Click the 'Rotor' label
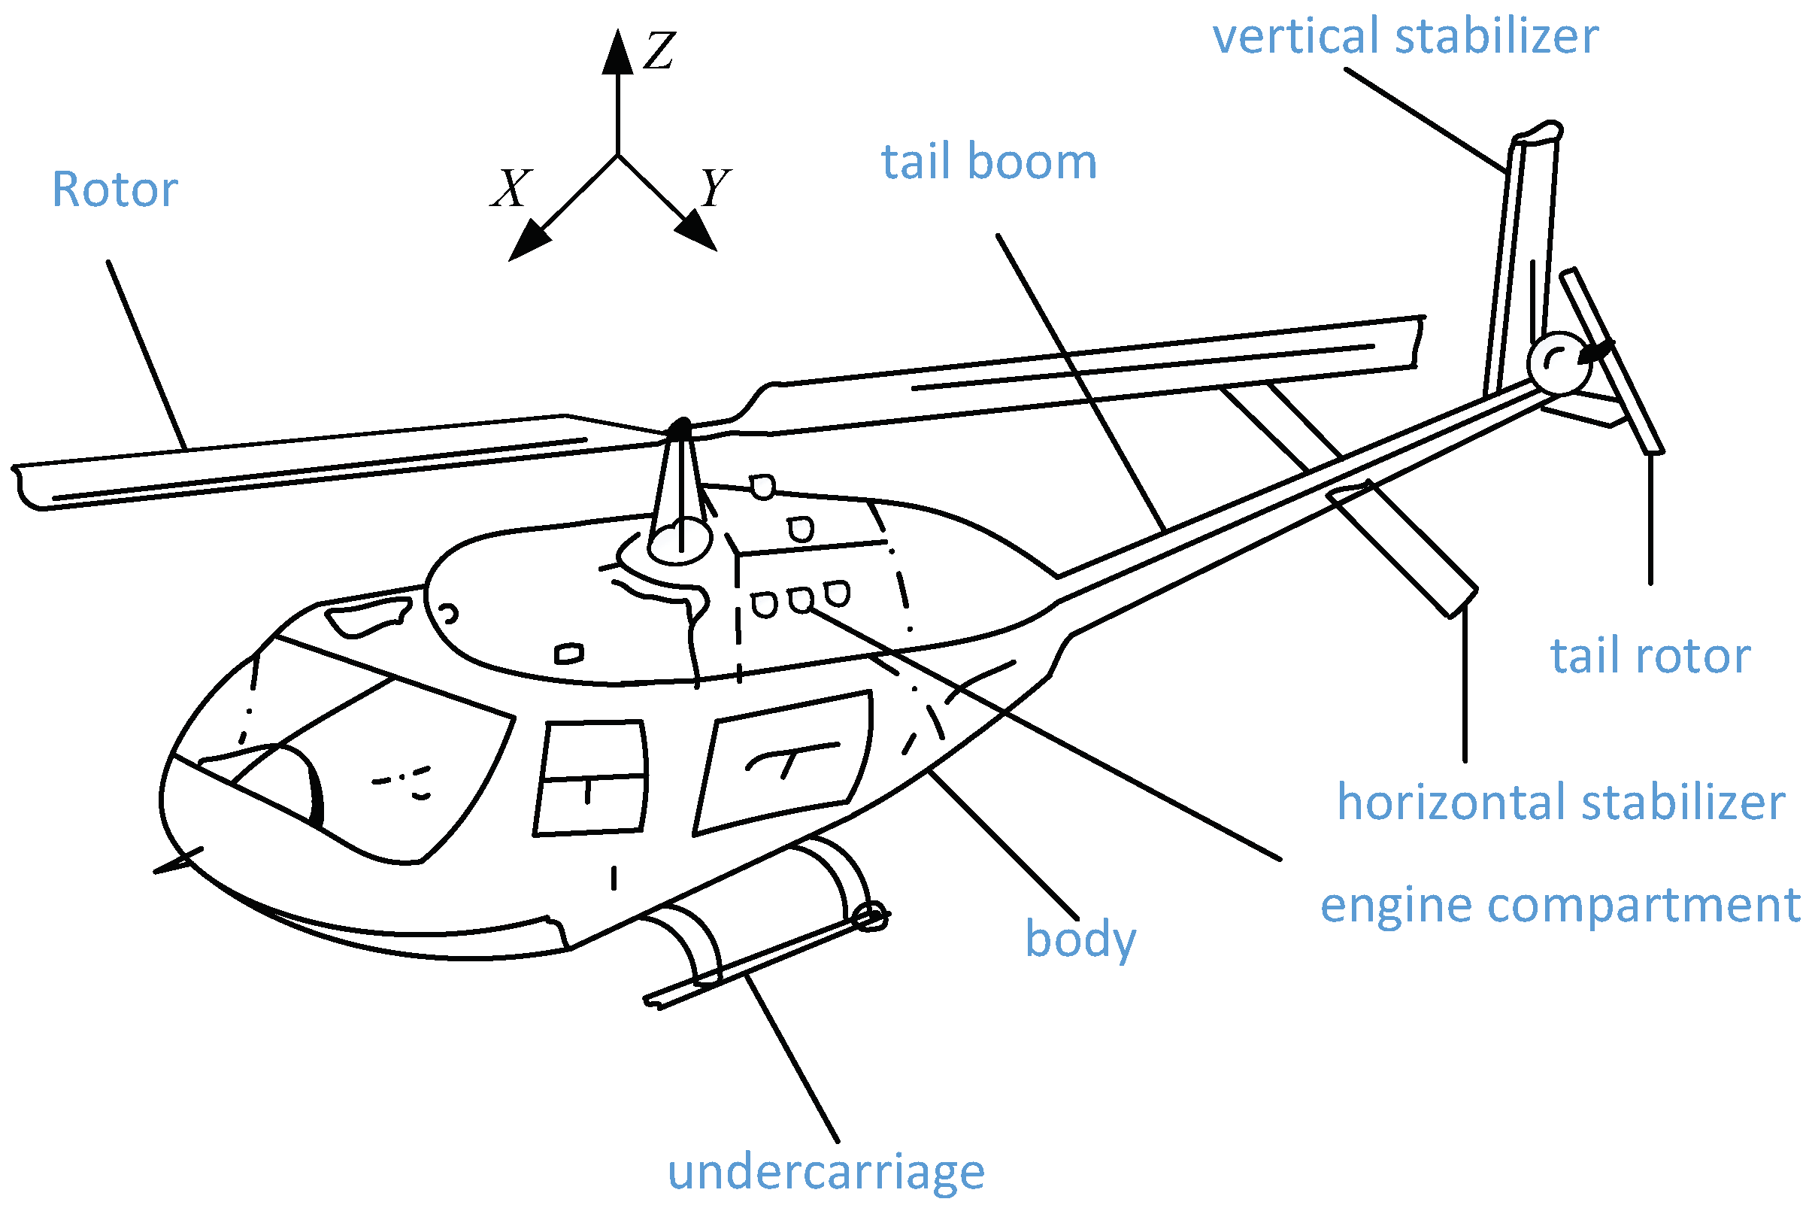pos(115,190)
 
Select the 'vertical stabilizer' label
pos(1405,36)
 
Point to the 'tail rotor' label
pos(1650,657)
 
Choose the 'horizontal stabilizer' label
pos(1560,802)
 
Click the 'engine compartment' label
pos(1560,905)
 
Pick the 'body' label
pos(1080,940)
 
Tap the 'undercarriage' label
pos(826,1173)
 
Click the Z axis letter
pos(659,52)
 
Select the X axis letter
pos(511,189)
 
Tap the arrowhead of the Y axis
pos(697,231)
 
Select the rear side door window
pos(786,763)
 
